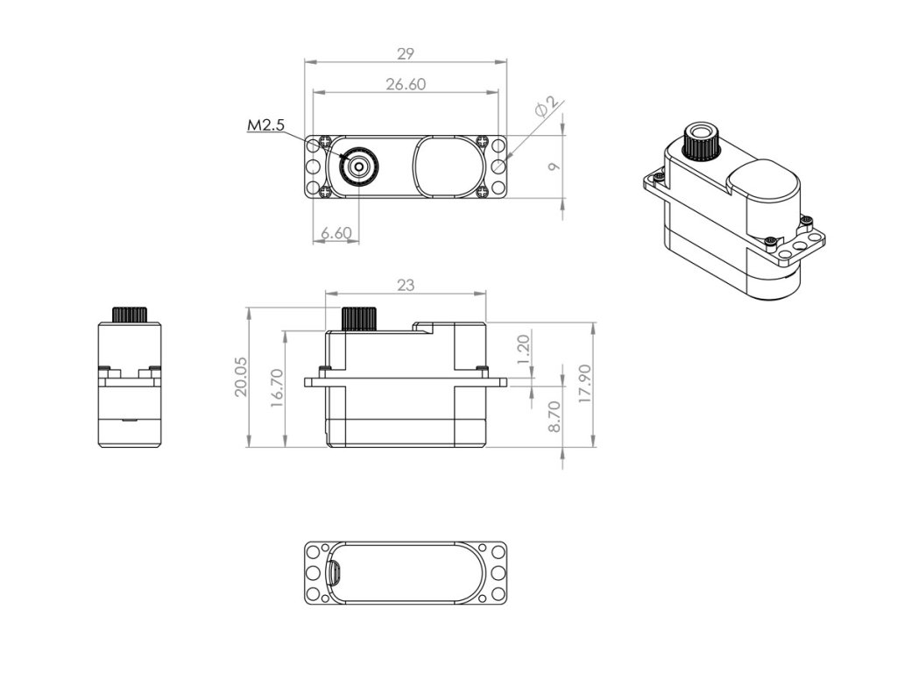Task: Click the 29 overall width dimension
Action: click(x=405, y=54)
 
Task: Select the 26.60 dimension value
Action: click(x=405, y=84)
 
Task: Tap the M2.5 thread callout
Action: click(x=265, y=126)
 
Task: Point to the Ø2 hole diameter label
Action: click(x=545, y=109)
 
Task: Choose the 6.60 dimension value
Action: click(x=335, y=233)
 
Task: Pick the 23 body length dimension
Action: click(x=405, y=286)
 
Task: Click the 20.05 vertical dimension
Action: click(x=241, y=378)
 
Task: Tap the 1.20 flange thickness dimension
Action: click(x=524, y=350)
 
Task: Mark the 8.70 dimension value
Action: click(x=553, y=415)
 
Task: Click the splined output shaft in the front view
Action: click(x=358, y=318)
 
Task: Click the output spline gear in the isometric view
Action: click(x=701, y=141)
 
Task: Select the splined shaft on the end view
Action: click(x=129, y=315)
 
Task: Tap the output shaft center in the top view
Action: click(x=358, y=166)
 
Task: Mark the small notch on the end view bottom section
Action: click(x=129, y=421)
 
